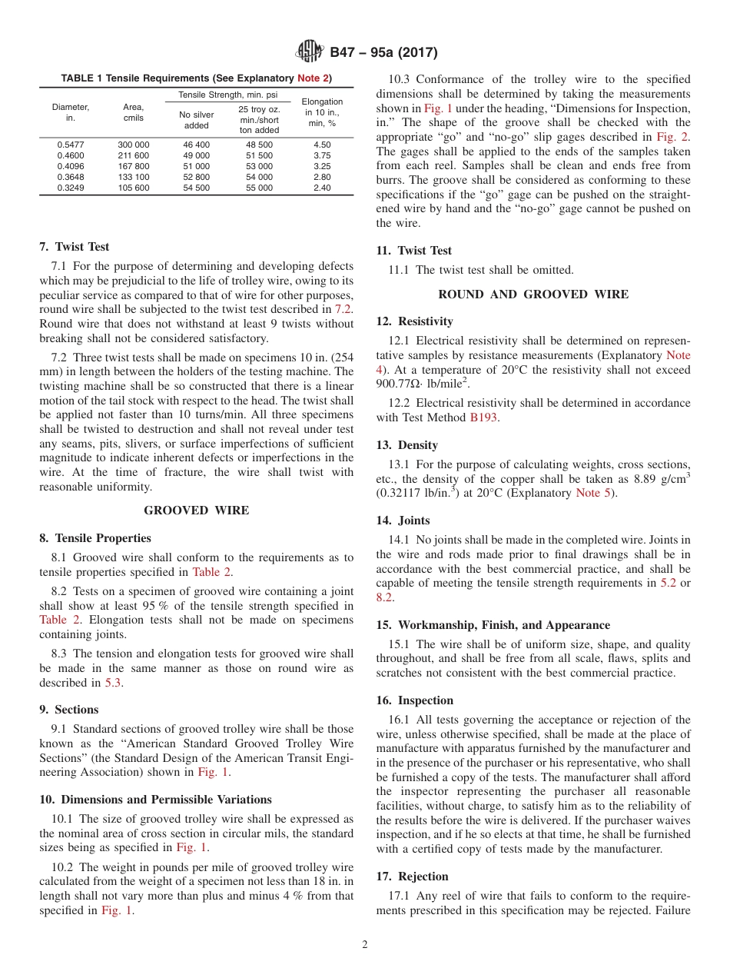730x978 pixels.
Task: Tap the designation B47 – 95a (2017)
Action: coord(383,52)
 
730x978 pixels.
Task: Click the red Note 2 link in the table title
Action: coord(314,78)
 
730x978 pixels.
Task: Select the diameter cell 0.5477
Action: coord(71,145)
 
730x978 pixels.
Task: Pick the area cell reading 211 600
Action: coord(134,155)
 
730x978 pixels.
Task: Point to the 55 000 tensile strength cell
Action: coord(259,188)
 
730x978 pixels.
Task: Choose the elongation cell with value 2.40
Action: coord(322,188)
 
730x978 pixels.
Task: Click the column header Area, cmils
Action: coord(134,112)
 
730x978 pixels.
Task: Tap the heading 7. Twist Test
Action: coord(74,247)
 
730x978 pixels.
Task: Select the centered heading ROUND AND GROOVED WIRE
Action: coord(533,294)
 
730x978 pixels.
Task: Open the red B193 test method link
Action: coord(484,417)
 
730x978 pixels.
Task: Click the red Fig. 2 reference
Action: coord(672,137)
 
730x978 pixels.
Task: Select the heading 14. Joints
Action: coord(403,521)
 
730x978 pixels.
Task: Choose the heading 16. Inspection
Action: coord(414,700)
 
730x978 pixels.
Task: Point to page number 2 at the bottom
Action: coord(365,945)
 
